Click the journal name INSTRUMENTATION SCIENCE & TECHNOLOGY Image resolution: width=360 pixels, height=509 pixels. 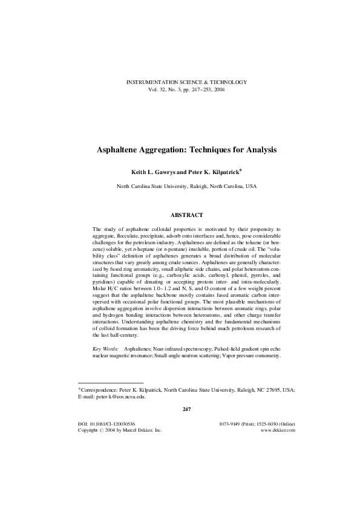(186, 82)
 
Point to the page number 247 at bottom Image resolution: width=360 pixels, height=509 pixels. (186, 410)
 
